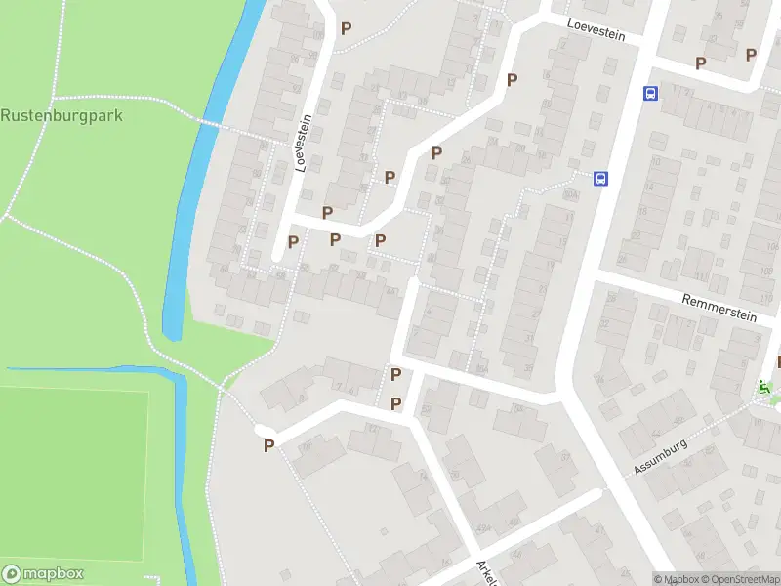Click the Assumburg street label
pyautogui.click(x=661, y=456)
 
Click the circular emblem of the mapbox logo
pyautogui.click(x=13, y=574)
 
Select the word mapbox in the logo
pyautogui.click(x=54, y=574)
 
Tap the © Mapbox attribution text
pyautogui.click(x=675, y=579)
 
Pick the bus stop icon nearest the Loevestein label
pyautogui.click(x=650, y=94)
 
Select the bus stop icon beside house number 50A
pyautogui.click(x=601, y=178)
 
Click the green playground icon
pyautogui.click(x=765, y=387)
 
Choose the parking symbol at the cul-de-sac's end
pyautogui.click(x=268, y=445)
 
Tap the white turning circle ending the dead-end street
pyautogui.click(x=260, y=430)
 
